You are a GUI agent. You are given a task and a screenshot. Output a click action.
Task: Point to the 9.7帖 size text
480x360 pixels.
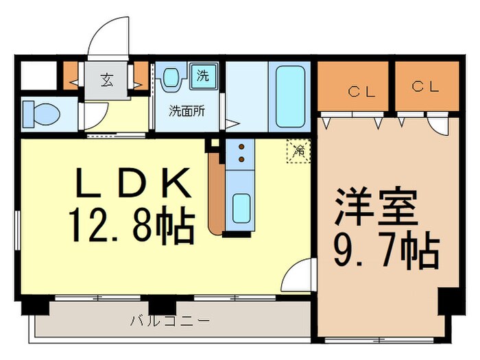(387, 252)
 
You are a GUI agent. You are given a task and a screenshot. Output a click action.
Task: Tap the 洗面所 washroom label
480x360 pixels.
(187, 110)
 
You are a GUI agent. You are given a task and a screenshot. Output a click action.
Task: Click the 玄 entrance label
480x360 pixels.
(107, 80)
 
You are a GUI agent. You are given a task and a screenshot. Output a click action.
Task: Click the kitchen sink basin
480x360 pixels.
(241, 208)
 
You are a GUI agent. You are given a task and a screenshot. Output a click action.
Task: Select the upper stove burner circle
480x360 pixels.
(241, 146)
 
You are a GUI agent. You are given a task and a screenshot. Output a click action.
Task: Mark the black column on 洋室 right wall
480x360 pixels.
(447, 302)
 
